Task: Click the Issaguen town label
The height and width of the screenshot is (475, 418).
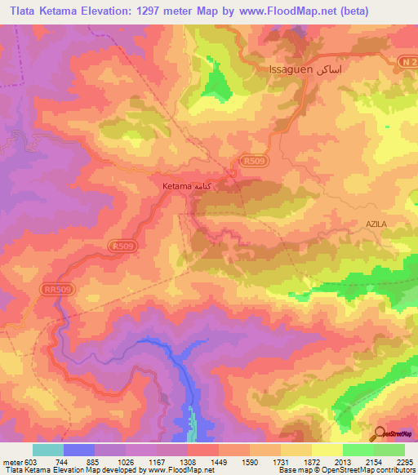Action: (290, 70)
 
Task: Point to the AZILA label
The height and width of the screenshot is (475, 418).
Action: (380, 223)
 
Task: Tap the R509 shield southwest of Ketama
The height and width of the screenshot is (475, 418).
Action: (123, 245)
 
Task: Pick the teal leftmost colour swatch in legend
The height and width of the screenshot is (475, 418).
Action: (47, 450)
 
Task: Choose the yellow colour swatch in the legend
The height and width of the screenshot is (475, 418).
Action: (327, 450)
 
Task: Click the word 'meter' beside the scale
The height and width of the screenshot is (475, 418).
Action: (11, 462)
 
